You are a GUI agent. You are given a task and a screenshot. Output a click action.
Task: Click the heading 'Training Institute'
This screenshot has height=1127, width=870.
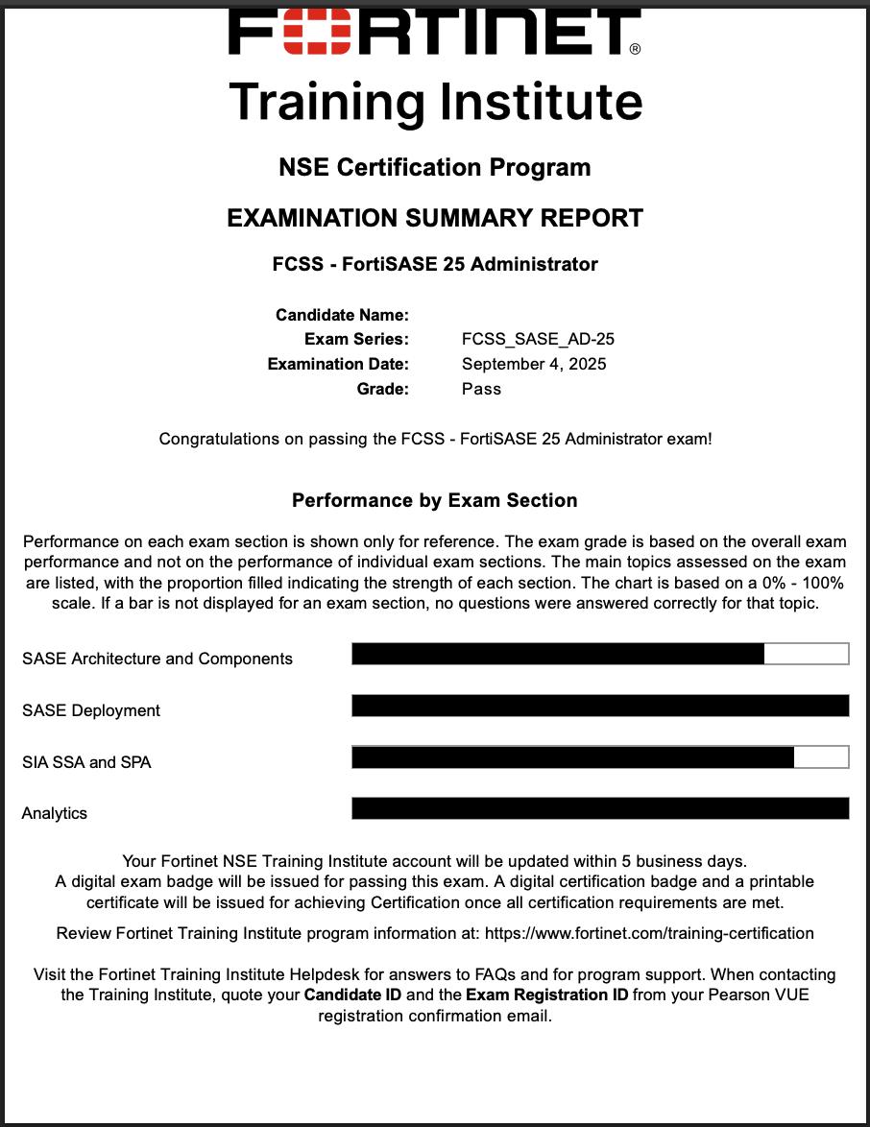pyautogui.click(x=435, y=101)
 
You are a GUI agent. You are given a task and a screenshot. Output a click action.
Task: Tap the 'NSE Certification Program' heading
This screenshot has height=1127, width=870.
pyautogui.click(x=435, y=167)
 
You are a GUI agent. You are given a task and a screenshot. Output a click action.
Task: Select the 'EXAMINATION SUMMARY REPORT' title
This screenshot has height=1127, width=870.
pyautogui.click(x=435, y=218)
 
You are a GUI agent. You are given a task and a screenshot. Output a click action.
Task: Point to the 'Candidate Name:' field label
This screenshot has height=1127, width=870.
pyautogui.click(x=342, y=315)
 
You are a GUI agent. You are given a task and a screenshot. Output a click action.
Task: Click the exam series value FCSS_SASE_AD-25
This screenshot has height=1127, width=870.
pyautogui.click(x=538, y=339)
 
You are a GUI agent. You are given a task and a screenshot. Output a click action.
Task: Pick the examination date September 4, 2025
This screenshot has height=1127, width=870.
pyautogui.click(x=534, y=364)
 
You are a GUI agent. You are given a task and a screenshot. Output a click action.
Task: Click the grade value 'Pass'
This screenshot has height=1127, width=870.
pyautogui.click(x=481, y=389)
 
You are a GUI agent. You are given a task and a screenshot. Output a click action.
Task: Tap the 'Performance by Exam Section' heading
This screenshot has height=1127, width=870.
pyautogui.click(x=435, y=500)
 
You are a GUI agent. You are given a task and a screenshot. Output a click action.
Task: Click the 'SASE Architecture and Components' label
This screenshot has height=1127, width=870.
pyautogui.click(x=157, y=659)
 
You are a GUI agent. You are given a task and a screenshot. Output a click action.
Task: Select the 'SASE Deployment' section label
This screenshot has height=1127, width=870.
pyautogui.click(x=91, y=710)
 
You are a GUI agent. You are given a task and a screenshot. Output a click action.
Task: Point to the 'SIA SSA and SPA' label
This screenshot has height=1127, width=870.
pyautogui.click(x=86, y=762)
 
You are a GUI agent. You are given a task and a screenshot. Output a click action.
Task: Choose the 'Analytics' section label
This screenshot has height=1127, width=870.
pyautogui.click(x=55, y=813)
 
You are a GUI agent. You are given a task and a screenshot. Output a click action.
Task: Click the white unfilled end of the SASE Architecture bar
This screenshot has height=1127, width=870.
pyautogui.click(x=806, y=654)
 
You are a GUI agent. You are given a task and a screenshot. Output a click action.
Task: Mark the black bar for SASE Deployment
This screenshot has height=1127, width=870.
pyautogui.click(x=600, y=706)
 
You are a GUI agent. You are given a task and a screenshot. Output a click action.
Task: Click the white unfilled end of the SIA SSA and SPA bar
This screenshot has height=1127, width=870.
pyautogui.click(x=821, y=756)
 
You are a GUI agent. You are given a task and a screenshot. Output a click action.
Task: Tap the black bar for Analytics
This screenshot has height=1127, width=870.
pyautogui.click(x=600, y=808)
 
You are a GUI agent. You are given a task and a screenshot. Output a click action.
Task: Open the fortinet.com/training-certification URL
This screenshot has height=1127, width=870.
pyautogui.click(x=649, y=933)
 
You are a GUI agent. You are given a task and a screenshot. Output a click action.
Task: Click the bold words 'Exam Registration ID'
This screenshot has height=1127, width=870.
pyautogui.click(x=547, y=995)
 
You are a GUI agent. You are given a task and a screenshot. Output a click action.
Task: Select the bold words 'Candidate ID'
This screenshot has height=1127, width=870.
pyautogui.click(x=352, y=995)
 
